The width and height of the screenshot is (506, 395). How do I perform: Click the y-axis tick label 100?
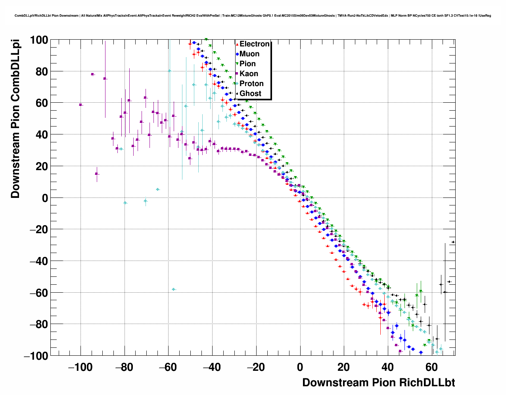(x=39, y=40)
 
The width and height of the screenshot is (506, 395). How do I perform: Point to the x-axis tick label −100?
(x=80, y=367)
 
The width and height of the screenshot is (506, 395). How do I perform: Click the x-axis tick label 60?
(x=432, y=367)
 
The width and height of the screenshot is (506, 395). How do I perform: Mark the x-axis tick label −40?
(x=212, y=367)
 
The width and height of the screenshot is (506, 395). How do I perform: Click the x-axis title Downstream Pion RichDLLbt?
(x=378, y=383)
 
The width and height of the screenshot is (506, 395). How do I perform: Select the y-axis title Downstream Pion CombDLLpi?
(x=15, y=119)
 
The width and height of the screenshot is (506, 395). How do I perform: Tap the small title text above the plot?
(x=253, y=16)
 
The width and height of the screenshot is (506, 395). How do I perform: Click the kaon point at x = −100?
(x=80, y=105)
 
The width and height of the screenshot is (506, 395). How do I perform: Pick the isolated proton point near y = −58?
(x=174, y=290)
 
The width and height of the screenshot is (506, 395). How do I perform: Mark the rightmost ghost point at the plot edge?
(x=453, y=242)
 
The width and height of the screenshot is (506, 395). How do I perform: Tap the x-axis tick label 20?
(x=344, y=367)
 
